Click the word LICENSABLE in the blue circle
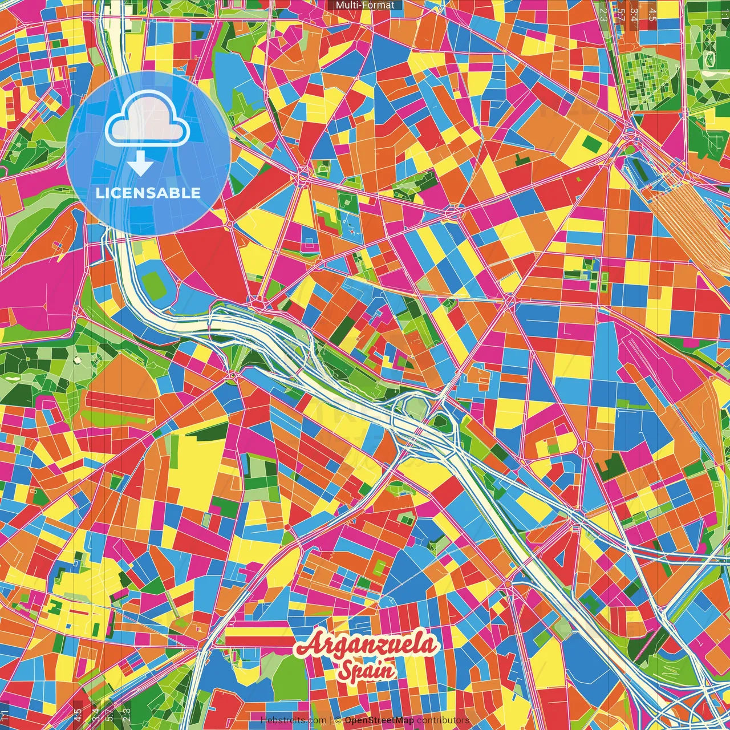pos(148,193)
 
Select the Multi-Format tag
pos(365,5)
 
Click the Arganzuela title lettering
pos(368,647)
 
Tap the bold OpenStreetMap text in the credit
pos(379,720)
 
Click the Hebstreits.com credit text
pos(294,720)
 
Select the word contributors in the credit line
pos(443,720)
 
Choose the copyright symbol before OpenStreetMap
pos(338,720)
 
